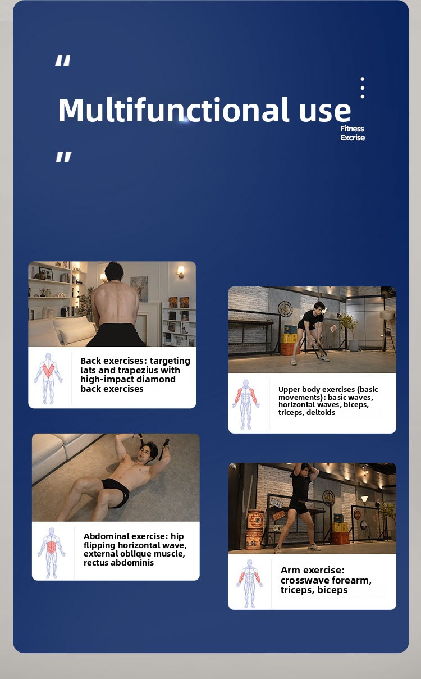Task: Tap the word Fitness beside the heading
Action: coord(352,129)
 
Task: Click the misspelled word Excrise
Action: coord(353,138)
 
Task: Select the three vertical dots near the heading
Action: coord(362,88)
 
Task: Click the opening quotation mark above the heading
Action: coord(63,60)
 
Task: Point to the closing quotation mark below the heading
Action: coord(64,157)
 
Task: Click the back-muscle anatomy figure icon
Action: coord(48,379)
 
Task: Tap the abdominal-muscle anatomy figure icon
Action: coord(52,553)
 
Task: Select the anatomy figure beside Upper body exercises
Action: coord(246,404)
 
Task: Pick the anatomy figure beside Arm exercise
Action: coord(249,584)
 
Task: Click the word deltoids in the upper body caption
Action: coord(321,413)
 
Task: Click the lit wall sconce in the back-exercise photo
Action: coord(181,272)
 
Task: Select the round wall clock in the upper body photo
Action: coord(285,309)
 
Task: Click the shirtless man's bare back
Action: coord(115,304)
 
